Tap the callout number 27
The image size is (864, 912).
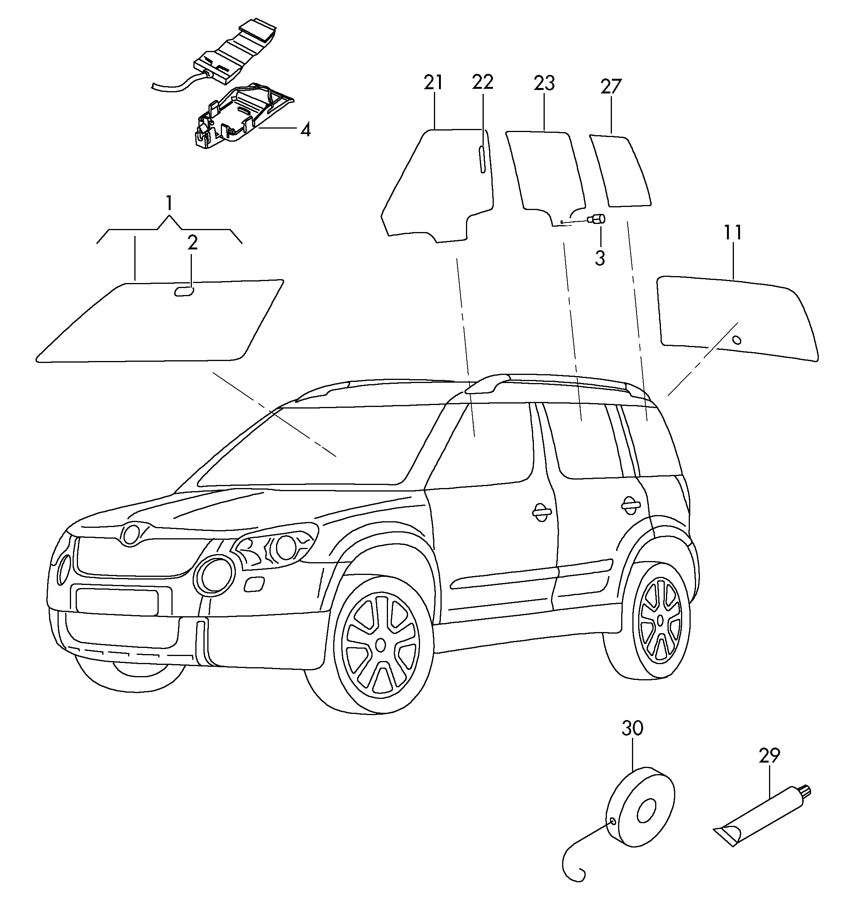pyautogui.click(x=611, y=87)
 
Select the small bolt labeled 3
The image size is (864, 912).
pyautogui.click(x=598, y=219)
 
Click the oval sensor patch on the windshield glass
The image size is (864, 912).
pyautogui.click(x=183, y=291)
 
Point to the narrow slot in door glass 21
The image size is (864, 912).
pyautogui.click(x=482, y=159)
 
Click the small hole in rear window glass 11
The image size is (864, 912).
pyautogui.click(x=737, y=341)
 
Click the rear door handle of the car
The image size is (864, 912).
pyautogui.click(x=630, y=504)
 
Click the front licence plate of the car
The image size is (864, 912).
pyautogui.click(x=117, y=602)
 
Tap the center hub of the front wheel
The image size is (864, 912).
pyautogui.click(x=380, y=644)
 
